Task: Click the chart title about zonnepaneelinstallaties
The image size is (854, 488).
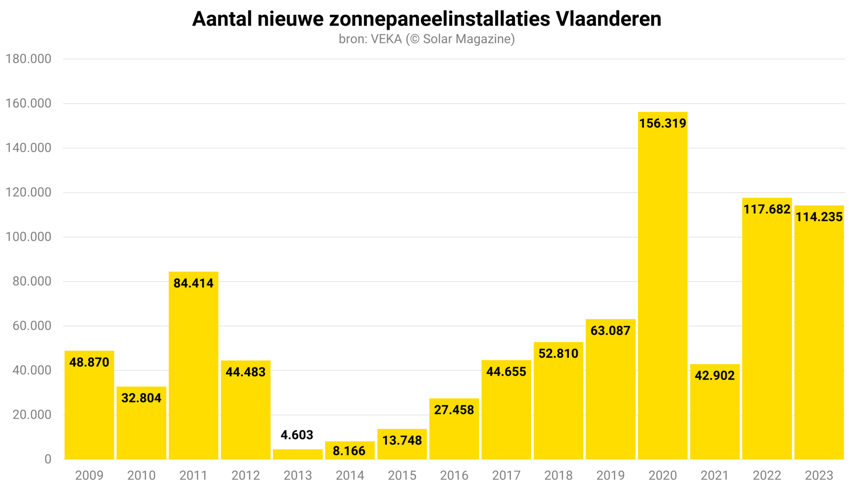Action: point(427,19)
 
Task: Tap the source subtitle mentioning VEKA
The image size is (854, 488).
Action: point(427,39)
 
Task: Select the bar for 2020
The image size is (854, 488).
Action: point(662,289)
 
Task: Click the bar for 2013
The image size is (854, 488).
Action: point(297,454)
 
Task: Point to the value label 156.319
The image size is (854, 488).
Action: point(662,123)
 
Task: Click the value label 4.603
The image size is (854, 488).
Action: point(297,435)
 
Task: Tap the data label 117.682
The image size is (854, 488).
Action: point(767,209)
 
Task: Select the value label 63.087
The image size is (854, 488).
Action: point(610,331)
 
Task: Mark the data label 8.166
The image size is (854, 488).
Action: point(349,451)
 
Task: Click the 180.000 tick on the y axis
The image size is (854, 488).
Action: point(28,59)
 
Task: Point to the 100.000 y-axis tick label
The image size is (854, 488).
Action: point(28,237)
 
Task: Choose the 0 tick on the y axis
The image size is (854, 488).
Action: point(48,459)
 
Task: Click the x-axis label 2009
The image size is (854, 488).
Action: point(89,475)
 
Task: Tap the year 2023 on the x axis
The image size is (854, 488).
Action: point(819,475)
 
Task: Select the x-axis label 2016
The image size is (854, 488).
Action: point(454,475)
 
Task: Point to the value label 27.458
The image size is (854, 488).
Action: point(454,410)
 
